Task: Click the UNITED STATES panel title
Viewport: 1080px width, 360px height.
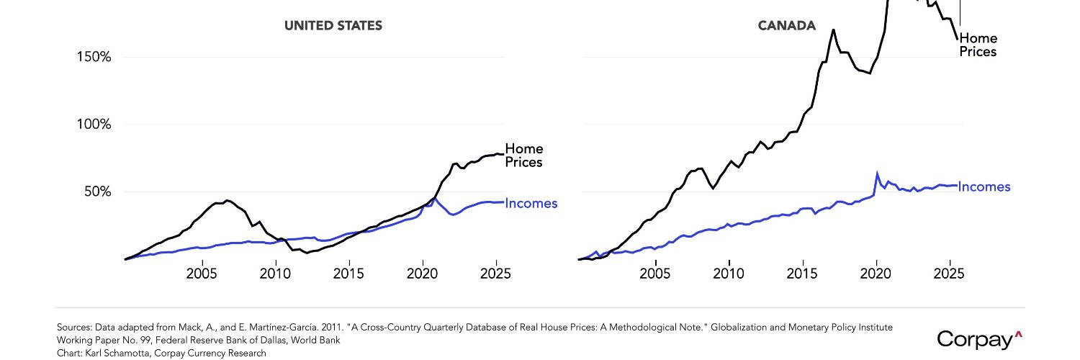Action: (333, 25)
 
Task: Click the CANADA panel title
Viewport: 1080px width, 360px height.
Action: (786, 25)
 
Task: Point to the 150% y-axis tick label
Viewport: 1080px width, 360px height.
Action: (94, 57)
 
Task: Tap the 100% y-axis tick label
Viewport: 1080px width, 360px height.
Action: (94, 125)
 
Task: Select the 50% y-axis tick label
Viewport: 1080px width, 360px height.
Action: (98, 192)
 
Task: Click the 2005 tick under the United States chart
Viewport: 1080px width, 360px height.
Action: (202, 274)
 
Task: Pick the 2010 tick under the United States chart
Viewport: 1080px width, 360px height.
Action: (275, 274)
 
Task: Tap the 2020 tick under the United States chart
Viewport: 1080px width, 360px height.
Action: (423, 274)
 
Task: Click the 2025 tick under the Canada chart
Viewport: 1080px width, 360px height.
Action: (949, 274)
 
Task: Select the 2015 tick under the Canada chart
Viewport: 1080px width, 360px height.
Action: (802, 274)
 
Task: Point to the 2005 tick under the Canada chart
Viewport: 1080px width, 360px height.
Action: (654, 274)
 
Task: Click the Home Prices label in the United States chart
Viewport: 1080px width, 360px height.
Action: (524, 156)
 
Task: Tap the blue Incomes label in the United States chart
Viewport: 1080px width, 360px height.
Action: (531, 203)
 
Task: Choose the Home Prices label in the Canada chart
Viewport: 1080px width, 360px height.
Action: (978, 45)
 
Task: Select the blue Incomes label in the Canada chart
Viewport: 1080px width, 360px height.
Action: (984, 187)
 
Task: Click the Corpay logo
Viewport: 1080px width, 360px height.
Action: (979, 340)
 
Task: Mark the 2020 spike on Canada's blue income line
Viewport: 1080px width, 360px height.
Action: (877, 173)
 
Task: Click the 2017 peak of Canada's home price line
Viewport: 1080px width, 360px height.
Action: (833, 30)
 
